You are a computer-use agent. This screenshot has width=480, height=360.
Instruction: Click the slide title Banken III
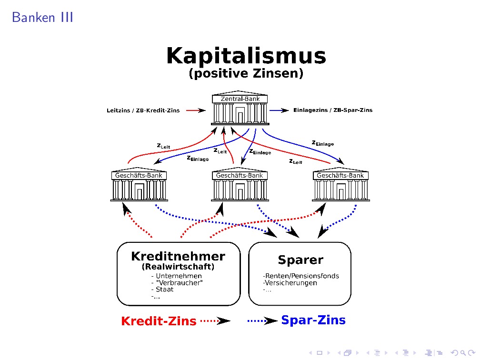42,18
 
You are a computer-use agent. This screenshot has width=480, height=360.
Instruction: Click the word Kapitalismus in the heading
246,56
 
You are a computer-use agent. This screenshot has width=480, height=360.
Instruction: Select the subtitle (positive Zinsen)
246,74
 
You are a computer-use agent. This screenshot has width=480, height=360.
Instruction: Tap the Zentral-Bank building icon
240,110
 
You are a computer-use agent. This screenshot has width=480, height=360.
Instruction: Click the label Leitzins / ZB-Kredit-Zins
143,111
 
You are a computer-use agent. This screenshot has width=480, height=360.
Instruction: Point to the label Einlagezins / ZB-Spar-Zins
333,110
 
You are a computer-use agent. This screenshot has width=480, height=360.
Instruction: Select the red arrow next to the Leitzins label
195,110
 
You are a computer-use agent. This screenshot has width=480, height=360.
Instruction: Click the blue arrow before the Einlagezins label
279,110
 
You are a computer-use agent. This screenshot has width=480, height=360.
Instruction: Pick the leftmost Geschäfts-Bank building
139,186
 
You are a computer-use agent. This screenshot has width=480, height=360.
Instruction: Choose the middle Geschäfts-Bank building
240,186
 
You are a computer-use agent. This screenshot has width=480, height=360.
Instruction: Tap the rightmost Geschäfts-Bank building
340,186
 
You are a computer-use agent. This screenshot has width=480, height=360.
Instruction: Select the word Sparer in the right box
300,260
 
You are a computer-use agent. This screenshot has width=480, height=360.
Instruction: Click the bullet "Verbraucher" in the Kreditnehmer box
177,283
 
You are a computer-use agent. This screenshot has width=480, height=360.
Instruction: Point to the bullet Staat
162,290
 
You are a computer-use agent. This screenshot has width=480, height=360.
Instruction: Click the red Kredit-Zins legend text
159,321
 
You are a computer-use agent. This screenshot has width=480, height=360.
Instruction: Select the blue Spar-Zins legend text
313,320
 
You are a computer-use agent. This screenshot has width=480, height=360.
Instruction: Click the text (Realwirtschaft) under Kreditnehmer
178,267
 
